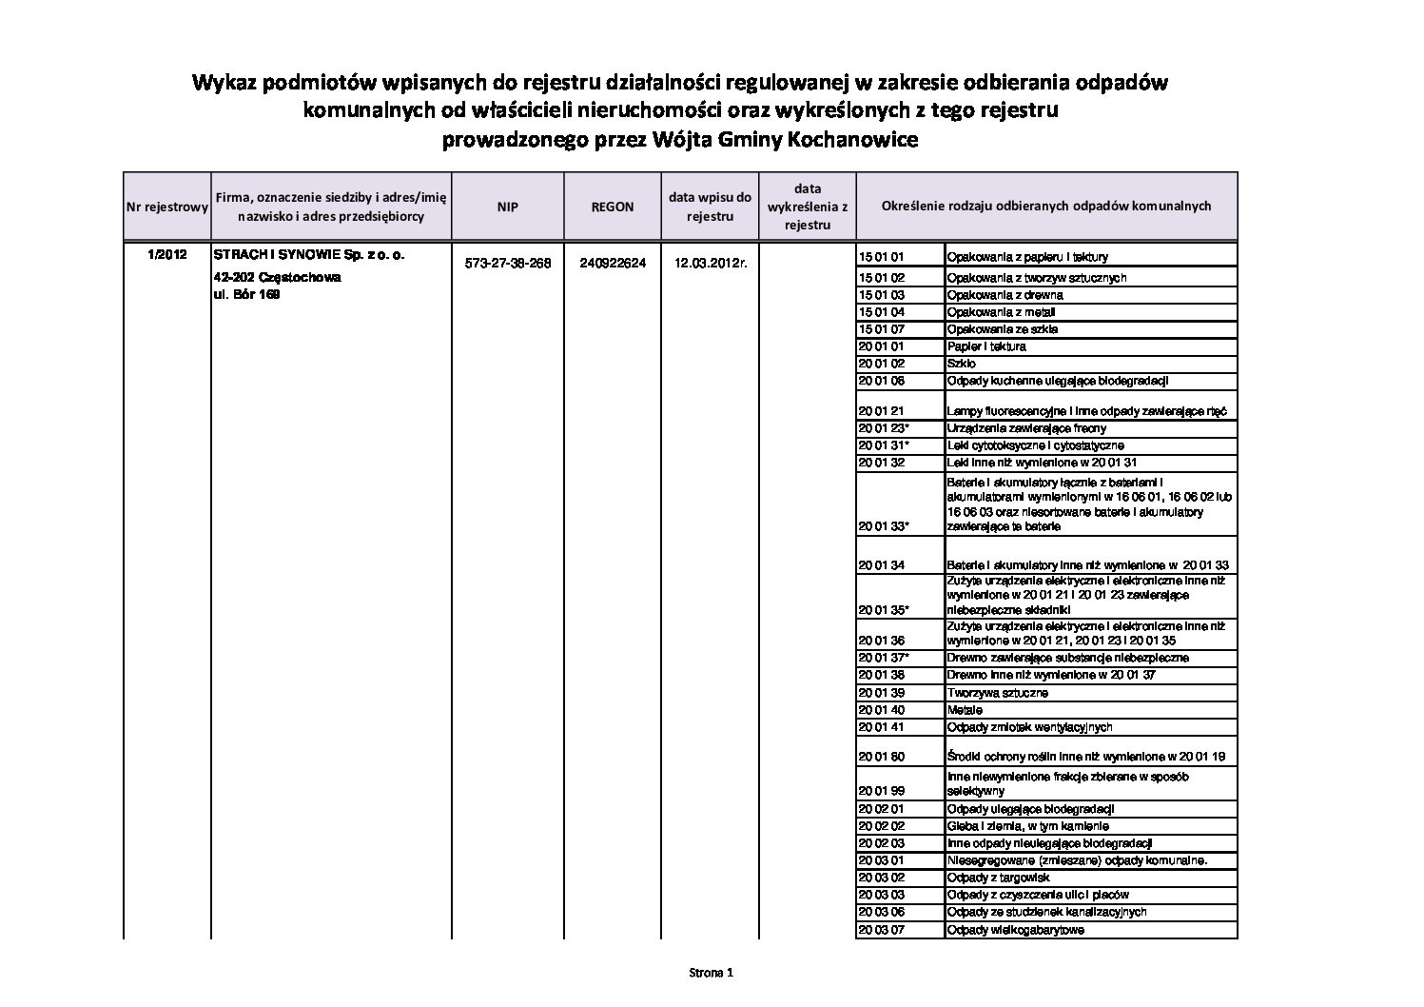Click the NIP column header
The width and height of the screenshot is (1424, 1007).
507,207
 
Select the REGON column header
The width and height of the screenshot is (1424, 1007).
613,207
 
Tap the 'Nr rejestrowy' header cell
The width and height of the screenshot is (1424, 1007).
166,207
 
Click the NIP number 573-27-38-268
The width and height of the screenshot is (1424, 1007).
508,264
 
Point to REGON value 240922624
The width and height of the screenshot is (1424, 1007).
613,264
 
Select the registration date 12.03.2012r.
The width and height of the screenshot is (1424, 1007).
711,264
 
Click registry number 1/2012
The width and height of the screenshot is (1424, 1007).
167,255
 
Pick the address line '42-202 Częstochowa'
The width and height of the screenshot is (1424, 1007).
277,278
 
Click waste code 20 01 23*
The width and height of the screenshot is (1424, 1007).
884,428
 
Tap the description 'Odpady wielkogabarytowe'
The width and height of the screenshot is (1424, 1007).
1015,930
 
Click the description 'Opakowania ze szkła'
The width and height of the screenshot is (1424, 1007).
1002,329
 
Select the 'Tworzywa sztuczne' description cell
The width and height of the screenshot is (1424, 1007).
998,693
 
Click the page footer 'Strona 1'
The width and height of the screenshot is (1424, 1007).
712,973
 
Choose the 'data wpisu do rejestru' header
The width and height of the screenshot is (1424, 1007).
710,207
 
